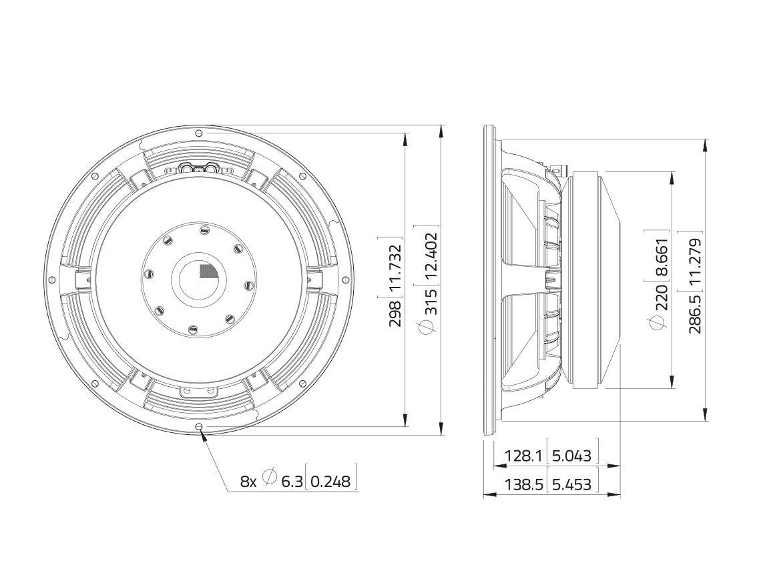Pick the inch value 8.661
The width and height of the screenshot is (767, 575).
(x=661, y=257)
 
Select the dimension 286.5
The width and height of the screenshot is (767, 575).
(x=695, y=314)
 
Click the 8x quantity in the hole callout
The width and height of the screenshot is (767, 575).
(x=248, y=481)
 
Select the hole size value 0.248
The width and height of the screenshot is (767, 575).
(x=330, y=481)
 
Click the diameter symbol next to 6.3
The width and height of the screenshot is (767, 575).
(x=270, y=478)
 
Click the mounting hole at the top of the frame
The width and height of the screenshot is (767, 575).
(x=198, y=133)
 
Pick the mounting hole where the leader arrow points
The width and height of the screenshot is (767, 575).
(x=198, y=427)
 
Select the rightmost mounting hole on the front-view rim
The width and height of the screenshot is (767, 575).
(x=345, y=280)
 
